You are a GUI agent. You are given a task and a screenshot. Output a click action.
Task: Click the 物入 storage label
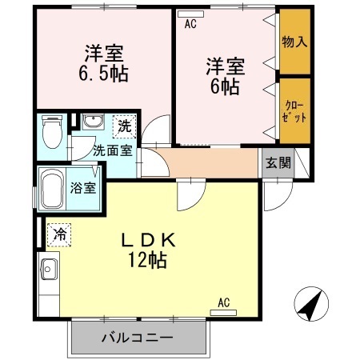coord(294,41)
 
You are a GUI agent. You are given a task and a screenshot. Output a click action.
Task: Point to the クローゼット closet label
coord(294,110)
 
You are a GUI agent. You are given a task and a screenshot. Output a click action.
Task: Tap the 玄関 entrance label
coord(278,163)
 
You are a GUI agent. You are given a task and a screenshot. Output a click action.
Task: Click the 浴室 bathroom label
coord(82,189)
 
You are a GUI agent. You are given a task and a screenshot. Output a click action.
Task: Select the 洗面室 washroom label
coord(111,150)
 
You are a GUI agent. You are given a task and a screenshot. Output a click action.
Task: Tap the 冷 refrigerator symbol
coord(60,234)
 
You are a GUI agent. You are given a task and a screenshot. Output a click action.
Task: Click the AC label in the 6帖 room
coord(190,24)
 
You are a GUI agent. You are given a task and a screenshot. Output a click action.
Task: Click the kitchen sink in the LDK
coord(47,270)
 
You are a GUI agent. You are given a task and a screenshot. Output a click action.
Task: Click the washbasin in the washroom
coord(91,122)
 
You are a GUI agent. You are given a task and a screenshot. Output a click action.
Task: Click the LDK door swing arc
coord(189,193)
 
